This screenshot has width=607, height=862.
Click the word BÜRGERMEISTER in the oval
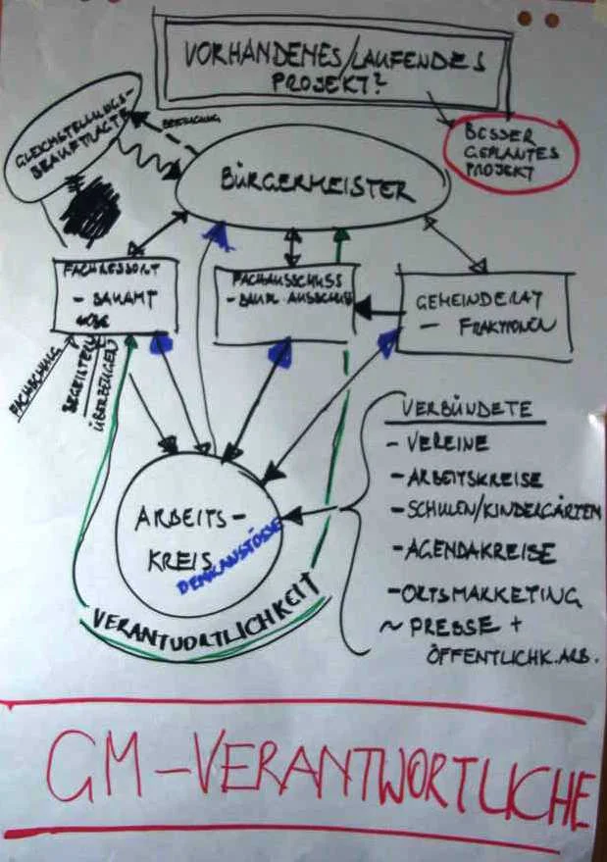(312, 185)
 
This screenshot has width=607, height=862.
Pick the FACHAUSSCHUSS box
(283, 304)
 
